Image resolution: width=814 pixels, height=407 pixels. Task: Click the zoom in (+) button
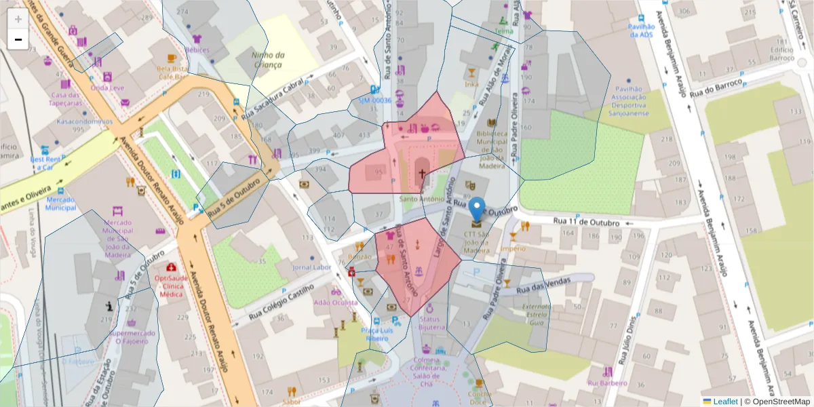tap(18, 19)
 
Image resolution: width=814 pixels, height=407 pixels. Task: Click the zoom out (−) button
tap(18, 39)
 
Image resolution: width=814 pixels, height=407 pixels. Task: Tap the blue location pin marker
tap(477, 209)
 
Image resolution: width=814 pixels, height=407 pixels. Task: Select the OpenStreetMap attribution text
tap(776, 401)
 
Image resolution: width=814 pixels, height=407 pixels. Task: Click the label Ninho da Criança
tap(267, 59)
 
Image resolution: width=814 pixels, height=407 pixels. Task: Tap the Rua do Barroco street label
tap(715, 90)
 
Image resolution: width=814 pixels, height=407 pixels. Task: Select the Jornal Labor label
tap(311, 267)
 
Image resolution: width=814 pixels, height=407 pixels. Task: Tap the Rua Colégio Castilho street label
tap(280, 302)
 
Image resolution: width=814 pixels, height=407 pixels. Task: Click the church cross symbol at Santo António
tap(422, 174)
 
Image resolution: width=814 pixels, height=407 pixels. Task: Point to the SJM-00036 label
tap(375, 100)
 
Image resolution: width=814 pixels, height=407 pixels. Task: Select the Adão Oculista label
tap(335, 302)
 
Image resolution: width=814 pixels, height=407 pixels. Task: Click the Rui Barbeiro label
tap(606, 383)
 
